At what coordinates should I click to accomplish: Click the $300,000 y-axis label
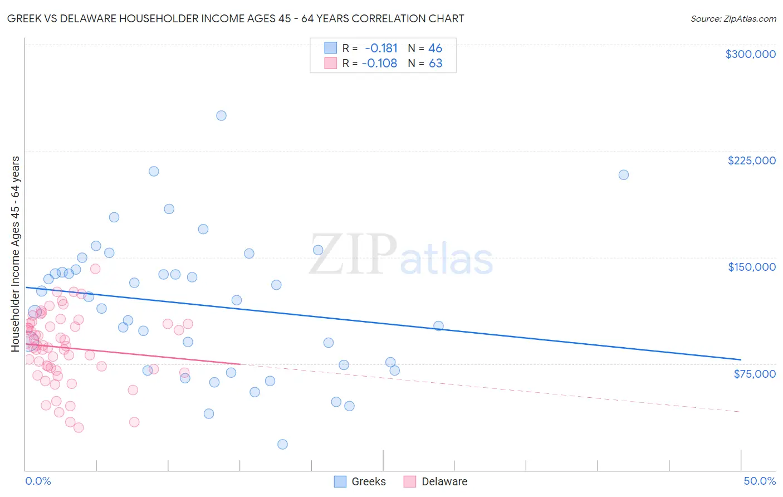click(750, 54)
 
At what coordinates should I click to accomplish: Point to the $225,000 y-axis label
click(751, 160)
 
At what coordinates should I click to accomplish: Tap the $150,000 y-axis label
click(751, 267)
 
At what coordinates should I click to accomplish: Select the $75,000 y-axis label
click(755, 374)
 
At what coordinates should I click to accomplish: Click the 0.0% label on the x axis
click(38, 481)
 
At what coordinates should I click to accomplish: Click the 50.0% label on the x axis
click(760, 481)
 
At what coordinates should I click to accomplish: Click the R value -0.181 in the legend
click(381, 48)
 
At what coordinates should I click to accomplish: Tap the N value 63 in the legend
click(435, 64)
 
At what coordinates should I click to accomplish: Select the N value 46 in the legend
click(435, 48)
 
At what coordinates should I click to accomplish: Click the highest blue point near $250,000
click(221, 116)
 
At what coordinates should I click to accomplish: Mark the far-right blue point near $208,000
click(624, 175)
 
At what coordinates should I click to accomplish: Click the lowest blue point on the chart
click(282, 444)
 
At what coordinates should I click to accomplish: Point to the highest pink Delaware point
click(95, 269)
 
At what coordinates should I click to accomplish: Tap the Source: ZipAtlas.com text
click(733, 19)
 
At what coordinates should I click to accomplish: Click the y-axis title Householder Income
click(15, 254)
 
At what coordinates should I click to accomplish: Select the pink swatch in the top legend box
click(331, 63)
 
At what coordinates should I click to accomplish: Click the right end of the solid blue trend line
click(741, 359)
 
